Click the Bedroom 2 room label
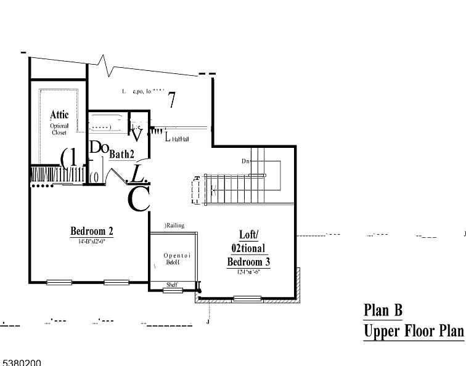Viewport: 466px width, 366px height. click(x=92, y=232)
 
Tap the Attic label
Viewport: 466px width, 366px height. click(x=60, y=115)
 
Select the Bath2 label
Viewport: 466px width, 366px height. click(x=121, y=154)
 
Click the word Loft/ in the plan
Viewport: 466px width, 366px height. click(x=249, y=235)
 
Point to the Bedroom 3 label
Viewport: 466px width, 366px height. click(x=249, y=262)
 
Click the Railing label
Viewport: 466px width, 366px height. click(x=175, y=226)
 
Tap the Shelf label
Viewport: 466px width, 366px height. click(x=173, y=285)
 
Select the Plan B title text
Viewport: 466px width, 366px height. click(x=383, y=310)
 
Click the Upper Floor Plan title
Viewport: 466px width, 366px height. click(x=413, y=331)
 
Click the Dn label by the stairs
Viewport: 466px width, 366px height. click(x=245, y=161)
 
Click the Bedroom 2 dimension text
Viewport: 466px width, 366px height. click(x=92, y=242)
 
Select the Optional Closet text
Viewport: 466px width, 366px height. click(x=60, y=129)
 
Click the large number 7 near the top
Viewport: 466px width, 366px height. click(x=173, y=99)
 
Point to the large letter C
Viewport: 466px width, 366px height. click(x=139, y=199)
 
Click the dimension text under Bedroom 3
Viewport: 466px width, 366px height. click(x=248, y=272)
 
